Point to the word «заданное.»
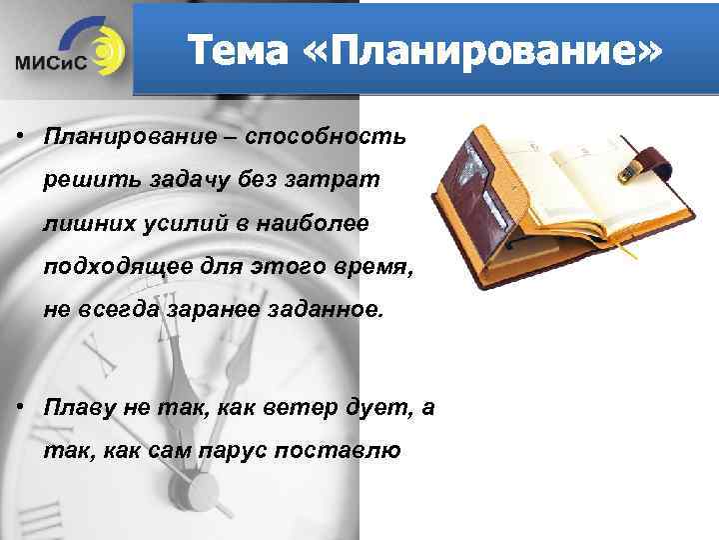coord(326,311)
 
